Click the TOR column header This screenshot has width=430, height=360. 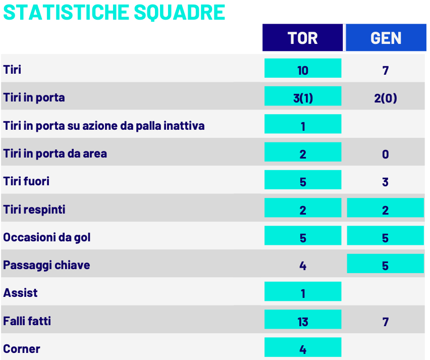(x=302, y=37)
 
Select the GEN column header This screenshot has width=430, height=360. (x=386, y=37)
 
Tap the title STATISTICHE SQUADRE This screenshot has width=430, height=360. (x=114, y=12)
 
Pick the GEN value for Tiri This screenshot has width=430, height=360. (x=385, y=71)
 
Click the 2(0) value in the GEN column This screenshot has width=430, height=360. (x=385, y=98)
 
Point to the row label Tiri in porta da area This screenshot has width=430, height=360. (x=55, y=153)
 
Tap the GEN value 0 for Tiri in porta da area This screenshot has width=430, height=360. (x=385, y=154)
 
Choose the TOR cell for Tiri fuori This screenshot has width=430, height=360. (x=303, y=180)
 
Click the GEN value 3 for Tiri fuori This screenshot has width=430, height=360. (x=385, y=182)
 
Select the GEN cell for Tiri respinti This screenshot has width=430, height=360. (x=385, y=208)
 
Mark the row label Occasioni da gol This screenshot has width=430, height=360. (x=46, y=237)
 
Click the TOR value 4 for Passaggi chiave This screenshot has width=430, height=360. (x=303, y=266)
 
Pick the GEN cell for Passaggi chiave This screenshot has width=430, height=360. (x=385, y=264)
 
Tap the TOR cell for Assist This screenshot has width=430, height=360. (x=303, y=291)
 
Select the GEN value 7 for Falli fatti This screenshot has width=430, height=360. (x=385, y=322)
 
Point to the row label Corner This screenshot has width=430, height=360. (x=22, y=349)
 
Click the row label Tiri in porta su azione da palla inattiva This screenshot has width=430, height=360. (x=104, y=126)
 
